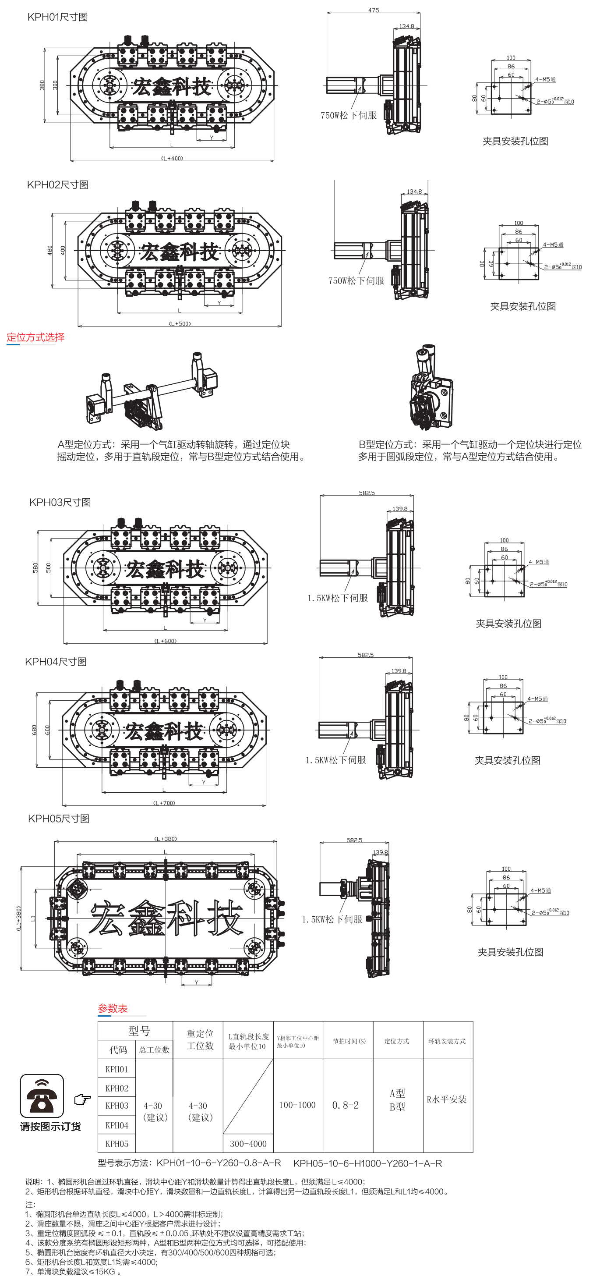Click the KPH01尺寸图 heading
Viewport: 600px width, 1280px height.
[58, 17]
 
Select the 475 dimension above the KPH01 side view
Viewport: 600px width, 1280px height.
[374, 10]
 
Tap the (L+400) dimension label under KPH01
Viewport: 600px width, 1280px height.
[172, 158]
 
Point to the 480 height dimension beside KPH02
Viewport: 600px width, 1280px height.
[49, 251]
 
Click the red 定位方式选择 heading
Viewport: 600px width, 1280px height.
[35, 337]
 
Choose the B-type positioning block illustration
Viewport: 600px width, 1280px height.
[430, 387]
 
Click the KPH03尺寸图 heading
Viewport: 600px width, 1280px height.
[60, 502]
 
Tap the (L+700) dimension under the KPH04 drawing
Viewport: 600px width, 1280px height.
[164, 802]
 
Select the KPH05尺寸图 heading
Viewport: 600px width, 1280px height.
[59, 819]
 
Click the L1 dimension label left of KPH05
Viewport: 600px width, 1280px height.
[33, 918]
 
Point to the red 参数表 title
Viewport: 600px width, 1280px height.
[113, 1008]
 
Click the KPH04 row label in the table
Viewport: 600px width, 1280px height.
[117, 1125]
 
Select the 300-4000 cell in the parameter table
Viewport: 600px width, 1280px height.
[248, 1143]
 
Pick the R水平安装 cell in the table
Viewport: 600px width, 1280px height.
[447, 1099]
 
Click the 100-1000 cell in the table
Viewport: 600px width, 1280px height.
[297, 1105]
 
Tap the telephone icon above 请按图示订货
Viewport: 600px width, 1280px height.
[42, 1096]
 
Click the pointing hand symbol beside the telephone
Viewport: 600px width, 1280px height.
[83, 1099]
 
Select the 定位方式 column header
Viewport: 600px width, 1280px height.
[396, 1041]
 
